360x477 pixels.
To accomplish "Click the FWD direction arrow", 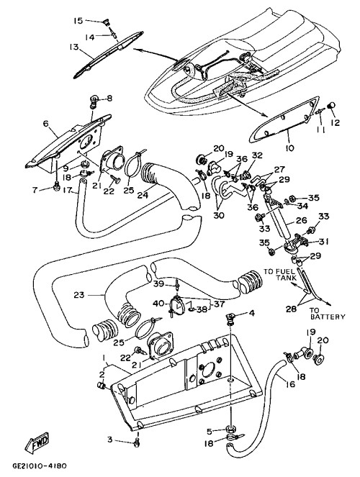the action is pyautogui.click(x=37, y=442).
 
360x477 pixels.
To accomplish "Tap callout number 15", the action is pyautogui.click(x=78, y=21).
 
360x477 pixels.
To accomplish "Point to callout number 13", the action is pyautogui.click(x=73, y=47).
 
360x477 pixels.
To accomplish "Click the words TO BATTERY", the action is pyautogui.click(x=327, y=314).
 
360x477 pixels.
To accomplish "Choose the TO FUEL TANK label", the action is pyautogui.click(x=279, y=275).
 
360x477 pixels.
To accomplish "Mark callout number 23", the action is pyautogui.click(x=79, y=295).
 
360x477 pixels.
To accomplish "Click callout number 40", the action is pyautogui.click(x=158, y=304).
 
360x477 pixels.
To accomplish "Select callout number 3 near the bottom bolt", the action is pyautogui.click(x=110, y=440).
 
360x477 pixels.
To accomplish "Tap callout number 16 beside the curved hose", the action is pyautogui.click(x=290, y=384).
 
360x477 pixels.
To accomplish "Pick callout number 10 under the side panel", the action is pyautogui.click(x=290, y=148).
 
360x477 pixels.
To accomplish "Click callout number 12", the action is pyautogui.click(x=335, y=122).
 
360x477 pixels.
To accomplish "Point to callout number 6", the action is pyautogui.click(x=45, y=124).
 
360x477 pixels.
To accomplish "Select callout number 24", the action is pyautogui.click(x=143, y=195).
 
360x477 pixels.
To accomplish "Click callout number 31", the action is pyautogui.click(x=323, y=242).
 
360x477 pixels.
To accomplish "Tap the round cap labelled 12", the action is pyautogui.click(x=331, y=105).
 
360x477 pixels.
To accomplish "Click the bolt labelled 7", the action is pyautogui.click(x=56, y=186).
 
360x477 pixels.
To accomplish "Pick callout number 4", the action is pyautogui.click(x=252, y=313).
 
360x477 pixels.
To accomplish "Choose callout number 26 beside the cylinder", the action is pyautogui.click(x=301, y=220).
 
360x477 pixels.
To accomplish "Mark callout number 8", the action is pyautogui.click(x=109, y=99).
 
